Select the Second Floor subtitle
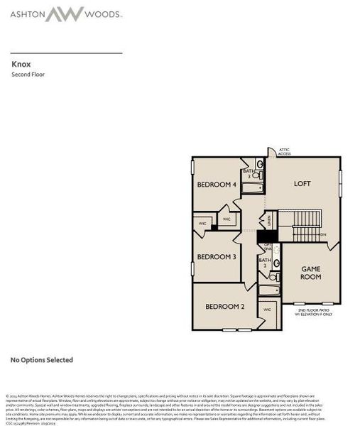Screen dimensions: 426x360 pos(28,74)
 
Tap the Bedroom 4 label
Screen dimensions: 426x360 pos(216,185)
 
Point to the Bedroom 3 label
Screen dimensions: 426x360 pos(216,256)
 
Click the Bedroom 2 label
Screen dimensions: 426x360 pos(224,307)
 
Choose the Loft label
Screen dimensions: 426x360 pos(302,184)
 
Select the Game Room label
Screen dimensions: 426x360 pos(311,273)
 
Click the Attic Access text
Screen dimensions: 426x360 pos(285,151)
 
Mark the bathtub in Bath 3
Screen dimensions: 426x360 pos(253,189)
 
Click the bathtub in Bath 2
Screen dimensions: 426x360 pos(269,290)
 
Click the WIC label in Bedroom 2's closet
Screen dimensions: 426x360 pos(267,310)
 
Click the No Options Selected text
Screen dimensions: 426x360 pos(41,360)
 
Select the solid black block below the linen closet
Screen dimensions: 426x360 pos(267,236)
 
